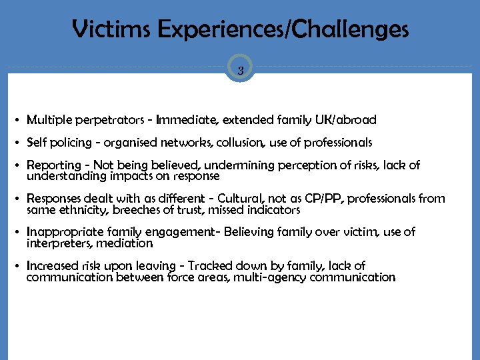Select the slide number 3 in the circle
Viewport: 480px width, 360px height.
240,69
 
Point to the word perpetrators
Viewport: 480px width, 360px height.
106,120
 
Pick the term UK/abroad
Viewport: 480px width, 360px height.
348,120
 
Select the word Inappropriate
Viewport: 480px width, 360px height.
64,232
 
